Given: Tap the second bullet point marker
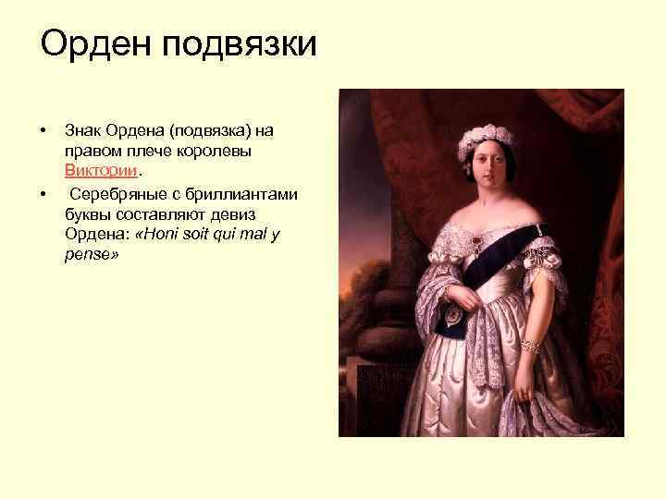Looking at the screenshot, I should point(43,193).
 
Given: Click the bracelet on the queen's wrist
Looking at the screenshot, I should point(530,345).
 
